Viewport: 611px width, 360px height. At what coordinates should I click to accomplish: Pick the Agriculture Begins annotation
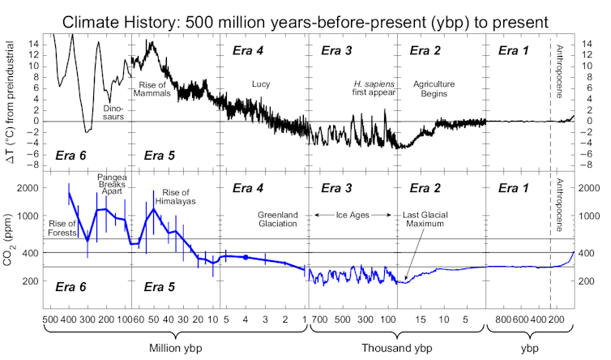[x=434, y=89]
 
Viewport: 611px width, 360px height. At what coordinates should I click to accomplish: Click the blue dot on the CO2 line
[x=246, y=257]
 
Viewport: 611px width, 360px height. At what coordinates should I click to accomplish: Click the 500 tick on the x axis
[x=49, y=320]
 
